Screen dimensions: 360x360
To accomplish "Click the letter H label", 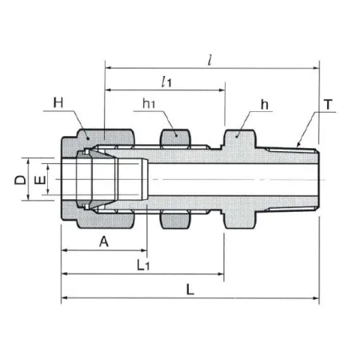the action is [58, 102].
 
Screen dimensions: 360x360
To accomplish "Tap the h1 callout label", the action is [149, 103].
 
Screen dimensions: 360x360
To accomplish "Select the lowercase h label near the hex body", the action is [264, 105].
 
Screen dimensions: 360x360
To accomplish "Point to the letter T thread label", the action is [328, 105].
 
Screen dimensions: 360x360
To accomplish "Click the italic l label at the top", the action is [210, 60].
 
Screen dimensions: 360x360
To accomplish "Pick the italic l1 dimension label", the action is [166, 82].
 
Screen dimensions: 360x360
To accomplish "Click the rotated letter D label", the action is [21, 180].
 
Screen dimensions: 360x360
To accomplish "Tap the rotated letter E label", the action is [40, 180].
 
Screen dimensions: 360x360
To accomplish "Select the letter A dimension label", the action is [104, 242].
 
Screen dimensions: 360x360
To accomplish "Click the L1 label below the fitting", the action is [143, 265].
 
